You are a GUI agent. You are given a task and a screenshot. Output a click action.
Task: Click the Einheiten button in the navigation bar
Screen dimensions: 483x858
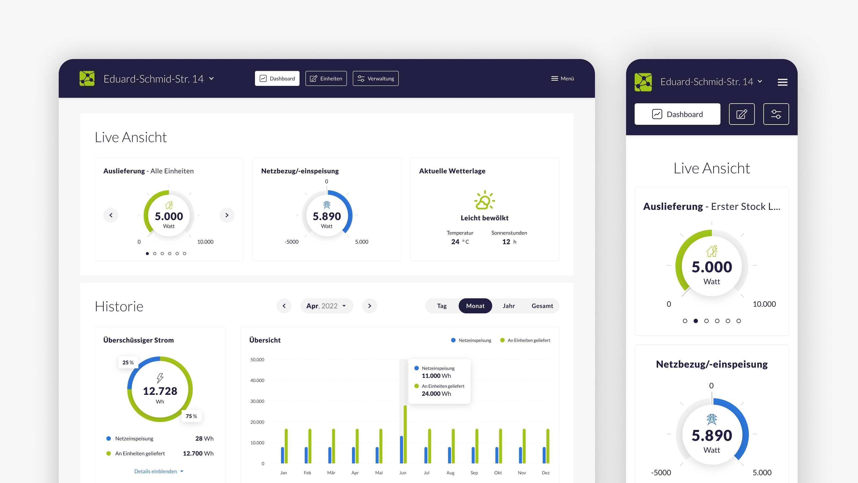pyautogui.click(x=326, y=78)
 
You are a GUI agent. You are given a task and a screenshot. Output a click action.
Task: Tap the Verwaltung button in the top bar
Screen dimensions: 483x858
pyautogui.click(x=375, y=78)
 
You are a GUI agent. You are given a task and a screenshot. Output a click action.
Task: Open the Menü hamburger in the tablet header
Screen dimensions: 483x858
pyautogui.click(x=562, y=78)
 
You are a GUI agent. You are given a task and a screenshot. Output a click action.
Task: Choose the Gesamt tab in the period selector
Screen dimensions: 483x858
pyautogui.click(x=542, y=306)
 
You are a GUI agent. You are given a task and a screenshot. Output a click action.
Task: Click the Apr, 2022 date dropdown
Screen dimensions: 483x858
pyautogui.click(x=326, y=306)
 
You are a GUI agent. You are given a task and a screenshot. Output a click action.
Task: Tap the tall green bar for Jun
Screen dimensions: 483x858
pyautogui.click(x=405, y=433)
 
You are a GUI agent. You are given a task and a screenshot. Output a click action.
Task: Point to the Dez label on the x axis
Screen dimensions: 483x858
pyautogui.click(x=546, y=473)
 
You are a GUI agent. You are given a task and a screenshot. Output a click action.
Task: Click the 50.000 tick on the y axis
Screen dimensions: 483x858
pyautogui.click(x=257, y=360)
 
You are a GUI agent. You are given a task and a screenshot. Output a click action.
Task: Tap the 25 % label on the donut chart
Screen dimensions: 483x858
pyautogui.click(x=128, y=362)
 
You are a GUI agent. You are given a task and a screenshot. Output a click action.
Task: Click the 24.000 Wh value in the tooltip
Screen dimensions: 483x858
pyautogui.click(x=436, y=394)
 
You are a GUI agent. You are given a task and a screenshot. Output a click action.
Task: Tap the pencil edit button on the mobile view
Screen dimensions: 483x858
pyautogui.click(x=741, y=114)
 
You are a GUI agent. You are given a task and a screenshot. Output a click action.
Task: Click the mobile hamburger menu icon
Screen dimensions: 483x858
pyautogui.click(x=782, y=82)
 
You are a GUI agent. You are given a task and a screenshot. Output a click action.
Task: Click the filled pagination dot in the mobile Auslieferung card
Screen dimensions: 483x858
pyautogui.click(x=696, y=321)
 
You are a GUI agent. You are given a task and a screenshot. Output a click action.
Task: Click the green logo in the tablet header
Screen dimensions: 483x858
pyautogui.click(x=87, y=78)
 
